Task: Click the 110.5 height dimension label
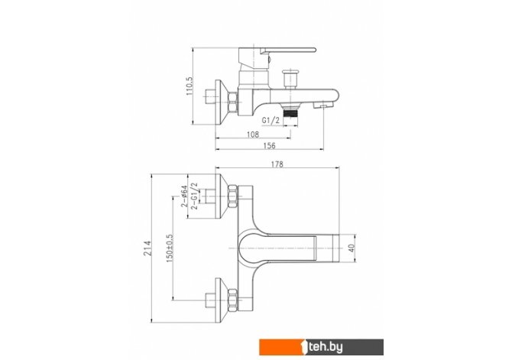point(190,86)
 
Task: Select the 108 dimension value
point(253,134)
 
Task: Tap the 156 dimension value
point(270,146)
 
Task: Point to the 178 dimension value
point(277,164)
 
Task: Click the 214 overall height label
point(148,248)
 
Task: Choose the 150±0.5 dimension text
point(170,248)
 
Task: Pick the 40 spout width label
point(352,248)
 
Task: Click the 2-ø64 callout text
point(184,196)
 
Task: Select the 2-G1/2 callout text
point(194,196)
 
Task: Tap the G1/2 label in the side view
point(271,120)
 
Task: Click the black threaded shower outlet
point(290,114)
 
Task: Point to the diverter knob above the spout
point(290,79)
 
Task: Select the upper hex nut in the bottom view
point(232,196)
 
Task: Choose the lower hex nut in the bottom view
point(232,300)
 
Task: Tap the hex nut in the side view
point(232,102)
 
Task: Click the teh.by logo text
point(326,347)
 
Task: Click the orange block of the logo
point(282,347)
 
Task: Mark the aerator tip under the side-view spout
point(322,105)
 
